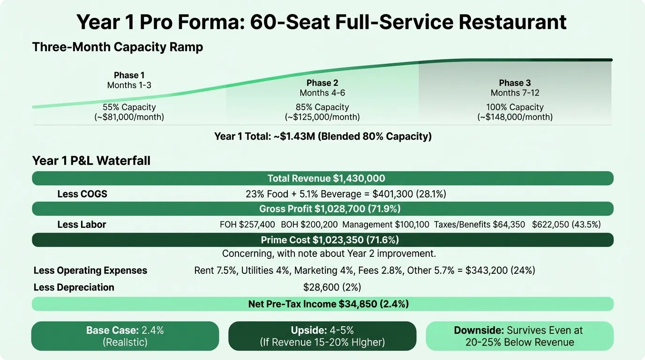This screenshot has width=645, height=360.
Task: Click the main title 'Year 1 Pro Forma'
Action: [x=322, y=22]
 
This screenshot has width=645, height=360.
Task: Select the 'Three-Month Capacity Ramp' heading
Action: [x=117, y=47]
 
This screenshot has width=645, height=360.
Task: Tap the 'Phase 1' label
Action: [x=129, y=75]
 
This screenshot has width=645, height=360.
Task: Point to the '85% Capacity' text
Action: [x=322, y=107]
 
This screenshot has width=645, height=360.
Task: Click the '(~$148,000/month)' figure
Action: [x=515, y=117]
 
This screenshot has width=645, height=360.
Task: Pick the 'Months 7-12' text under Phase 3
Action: [x=515, y=93]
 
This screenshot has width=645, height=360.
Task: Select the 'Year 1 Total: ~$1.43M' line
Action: [x=322, y=136]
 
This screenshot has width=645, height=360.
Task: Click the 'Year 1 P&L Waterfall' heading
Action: [x=91, y=161]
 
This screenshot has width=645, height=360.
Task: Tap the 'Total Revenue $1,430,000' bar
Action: [x=322, y=178]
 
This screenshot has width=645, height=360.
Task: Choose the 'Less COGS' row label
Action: [x=82, y=194]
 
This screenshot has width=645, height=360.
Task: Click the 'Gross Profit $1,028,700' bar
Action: [x=322, y=209]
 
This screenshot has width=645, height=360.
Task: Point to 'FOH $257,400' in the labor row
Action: [x=247, y=225]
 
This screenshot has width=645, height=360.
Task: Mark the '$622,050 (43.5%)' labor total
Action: [x=566, y=225]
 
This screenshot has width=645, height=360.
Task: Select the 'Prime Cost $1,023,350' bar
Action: [x=322, y=240]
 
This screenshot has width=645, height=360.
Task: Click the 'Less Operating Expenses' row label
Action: [x=90, y=270]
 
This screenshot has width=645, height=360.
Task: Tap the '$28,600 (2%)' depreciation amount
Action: [x=332, y=287]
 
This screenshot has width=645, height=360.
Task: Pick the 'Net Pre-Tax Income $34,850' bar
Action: [x=322, y=304]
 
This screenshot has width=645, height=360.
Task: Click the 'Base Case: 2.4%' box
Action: [x=125, y=336]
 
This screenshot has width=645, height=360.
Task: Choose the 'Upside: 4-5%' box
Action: [x=322, y=336]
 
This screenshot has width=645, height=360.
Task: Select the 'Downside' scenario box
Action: [x=519, y=336]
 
